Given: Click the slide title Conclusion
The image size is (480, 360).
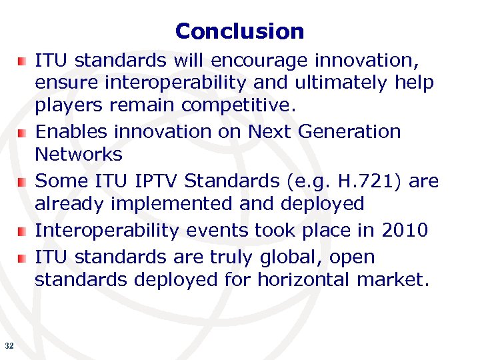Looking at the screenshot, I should tap(239, 31).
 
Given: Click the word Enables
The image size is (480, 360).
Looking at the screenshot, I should tap(71, 132).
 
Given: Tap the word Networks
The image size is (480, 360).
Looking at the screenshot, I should tap(79, 154).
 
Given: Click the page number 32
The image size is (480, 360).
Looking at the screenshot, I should tap(9, 345).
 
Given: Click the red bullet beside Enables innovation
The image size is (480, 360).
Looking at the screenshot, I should tap(23, 133).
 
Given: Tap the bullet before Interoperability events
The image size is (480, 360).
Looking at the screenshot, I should tap(23, 231).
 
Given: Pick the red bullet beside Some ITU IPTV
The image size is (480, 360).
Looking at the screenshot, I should tap(23, 182).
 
